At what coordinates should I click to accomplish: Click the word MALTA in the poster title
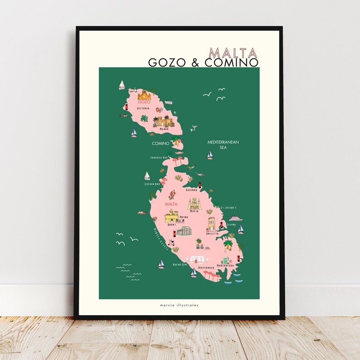click(x=234, y=52)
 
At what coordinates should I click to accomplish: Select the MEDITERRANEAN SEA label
click(x=223, y=145)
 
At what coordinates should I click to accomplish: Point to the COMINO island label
click(x=161, y=144)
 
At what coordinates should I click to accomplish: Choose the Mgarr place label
click(x=164, y=129)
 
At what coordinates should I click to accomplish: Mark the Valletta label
click(x=212, y=233)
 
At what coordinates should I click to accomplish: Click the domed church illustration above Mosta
click(x=195, y=204)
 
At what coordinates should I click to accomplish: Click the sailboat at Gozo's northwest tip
click(x=122, y=85)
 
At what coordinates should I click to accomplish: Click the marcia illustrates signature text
click(x=180, y=305)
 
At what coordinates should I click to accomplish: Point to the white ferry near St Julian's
click(x=236, y=218)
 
